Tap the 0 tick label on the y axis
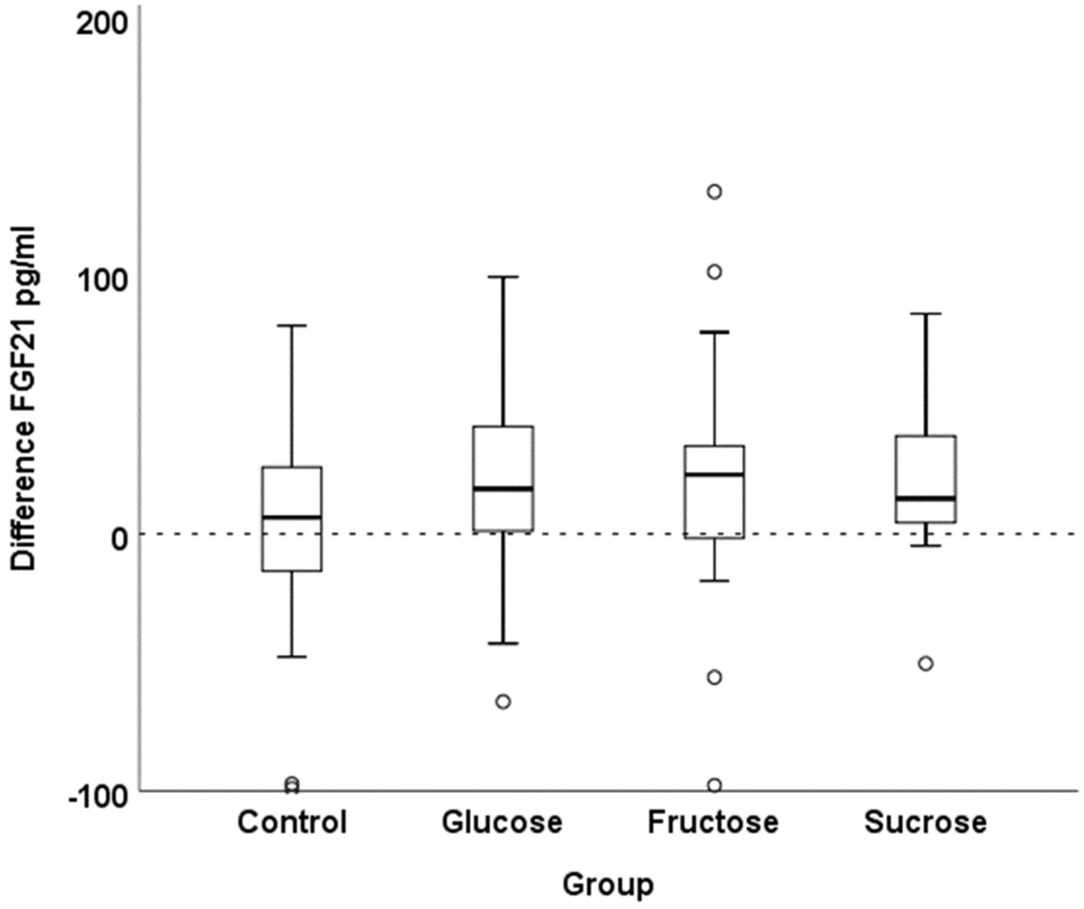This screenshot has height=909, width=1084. [x=120, y=539]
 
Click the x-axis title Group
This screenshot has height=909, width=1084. [x=608, y=885]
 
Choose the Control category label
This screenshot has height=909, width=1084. [x=292, y=822]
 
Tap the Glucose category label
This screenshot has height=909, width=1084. [x=502, y=822]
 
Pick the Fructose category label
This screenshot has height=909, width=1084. [x=713, y=822]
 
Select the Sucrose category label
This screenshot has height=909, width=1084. [x=926, y=822]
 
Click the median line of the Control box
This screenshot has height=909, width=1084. [x=292, y=516]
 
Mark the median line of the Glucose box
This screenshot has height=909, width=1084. [x=503, y=488]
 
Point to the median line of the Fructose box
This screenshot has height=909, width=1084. [x=714, y=474]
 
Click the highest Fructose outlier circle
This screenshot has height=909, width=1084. [x=714, y=191]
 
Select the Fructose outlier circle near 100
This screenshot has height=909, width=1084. [x=714, y=272]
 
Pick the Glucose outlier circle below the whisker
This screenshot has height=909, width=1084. [x=503, y=702]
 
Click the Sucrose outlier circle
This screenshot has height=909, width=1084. [x=926, y=664]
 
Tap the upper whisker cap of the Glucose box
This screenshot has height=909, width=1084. [x=503, y=277]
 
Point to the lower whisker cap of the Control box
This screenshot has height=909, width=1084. [x=292, y=657]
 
